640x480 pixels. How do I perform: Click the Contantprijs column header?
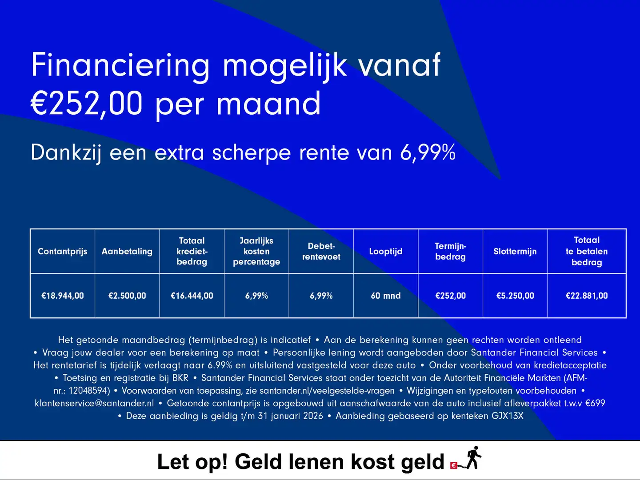coord(62,252)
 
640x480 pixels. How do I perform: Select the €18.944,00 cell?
coord(62,296)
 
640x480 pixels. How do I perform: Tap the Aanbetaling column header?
coord(127,252)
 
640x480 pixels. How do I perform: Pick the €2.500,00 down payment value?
coord(127,296)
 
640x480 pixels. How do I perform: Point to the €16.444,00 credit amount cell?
coord(192,296)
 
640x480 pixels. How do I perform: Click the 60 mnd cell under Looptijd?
coord(386,296)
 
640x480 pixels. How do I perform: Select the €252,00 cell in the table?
coord(450,296)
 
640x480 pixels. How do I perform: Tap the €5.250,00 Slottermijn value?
coord(515,296)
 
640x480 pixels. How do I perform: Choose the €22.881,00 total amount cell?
coord(587,296)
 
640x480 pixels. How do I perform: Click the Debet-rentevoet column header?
coord(321,252)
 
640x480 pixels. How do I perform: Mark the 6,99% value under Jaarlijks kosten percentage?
coord(256,296)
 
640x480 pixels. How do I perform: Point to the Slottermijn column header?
coord(515,252)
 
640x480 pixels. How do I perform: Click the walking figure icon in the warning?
coord(474,458)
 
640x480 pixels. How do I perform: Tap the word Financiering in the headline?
coord(120,66)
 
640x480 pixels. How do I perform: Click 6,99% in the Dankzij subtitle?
coord(428,152)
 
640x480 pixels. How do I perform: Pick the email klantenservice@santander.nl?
coord(94,404)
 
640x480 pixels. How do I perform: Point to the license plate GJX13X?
coord(507,416)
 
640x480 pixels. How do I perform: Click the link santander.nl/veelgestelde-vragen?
coord(327,391)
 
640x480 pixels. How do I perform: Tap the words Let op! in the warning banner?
coord(192,462)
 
